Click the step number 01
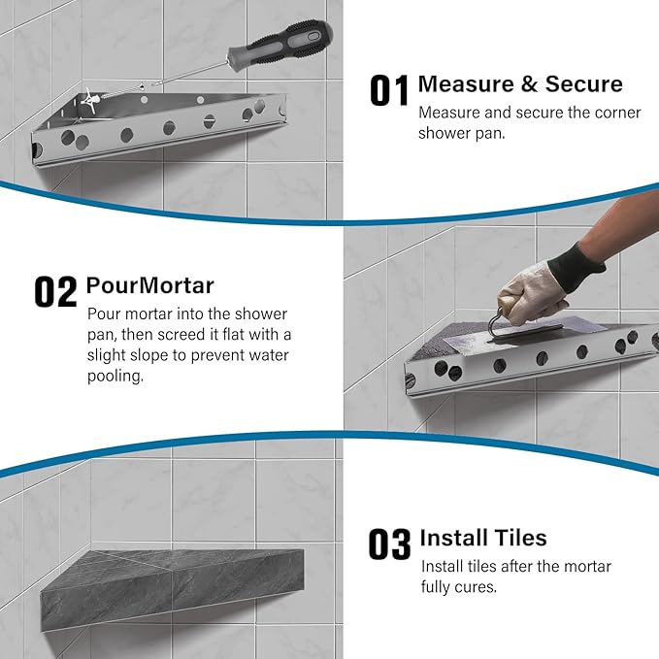(389, 90)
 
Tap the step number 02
(55, 291)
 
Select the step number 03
(389, 544)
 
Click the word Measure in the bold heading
(466, 83)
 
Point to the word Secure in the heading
(583, 83)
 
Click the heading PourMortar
(150, 285)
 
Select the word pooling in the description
(115, 377)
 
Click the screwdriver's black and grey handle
(280, 44)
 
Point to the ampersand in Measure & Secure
(530, 84)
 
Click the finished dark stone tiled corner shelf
(173, 588)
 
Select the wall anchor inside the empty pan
(90, 99)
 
